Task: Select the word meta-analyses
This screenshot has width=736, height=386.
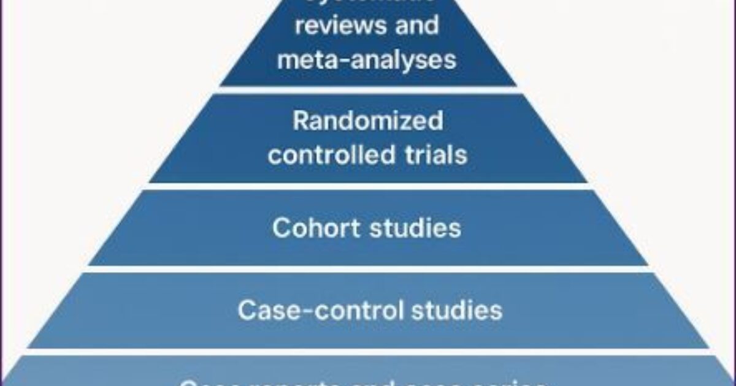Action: pos(367,59)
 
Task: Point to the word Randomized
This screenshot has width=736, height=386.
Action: pos(367,121)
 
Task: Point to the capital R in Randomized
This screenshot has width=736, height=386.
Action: pos(300,121)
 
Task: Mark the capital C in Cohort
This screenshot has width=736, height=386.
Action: pos(280,228)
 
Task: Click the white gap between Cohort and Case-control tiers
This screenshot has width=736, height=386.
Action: pos(368,269)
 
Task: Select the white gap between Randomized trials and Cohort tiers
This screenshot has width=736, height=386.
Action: pos(368,186)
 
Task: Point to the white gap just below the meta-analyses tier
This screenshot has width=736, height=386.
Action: pos(368,89)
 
